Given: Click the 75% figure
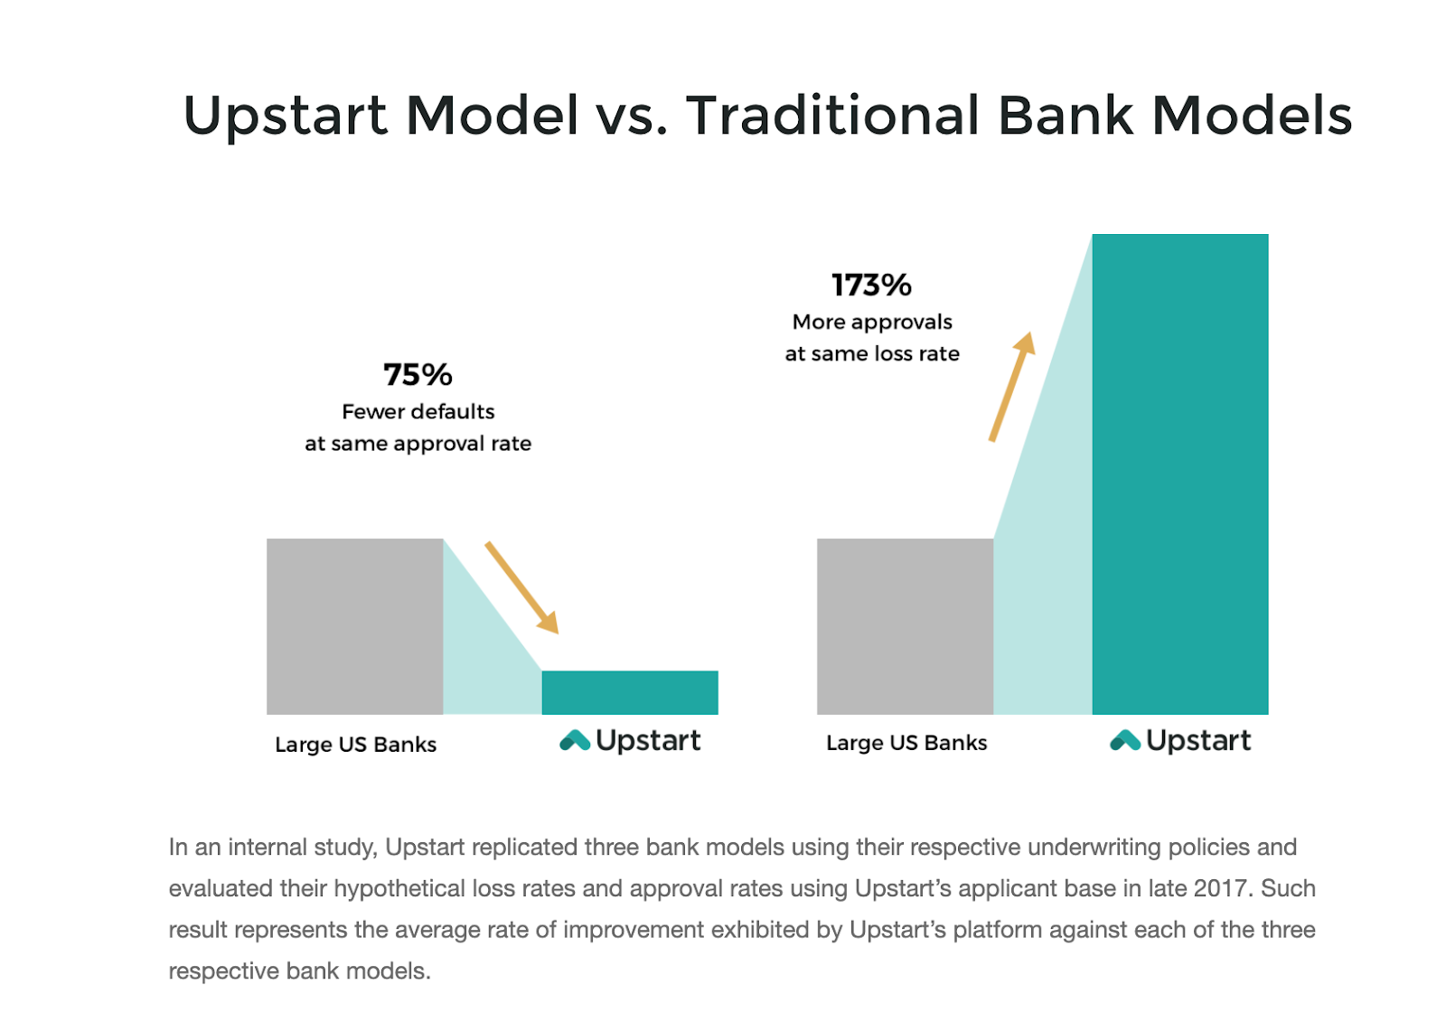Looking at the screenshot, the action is [418, 374].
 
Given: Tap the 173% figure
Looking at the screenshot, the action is [871, 285].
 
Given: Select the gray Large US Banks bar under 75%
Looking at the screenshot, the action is [355, 626].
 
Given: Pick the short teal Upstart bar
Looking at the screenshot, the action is [630, 693].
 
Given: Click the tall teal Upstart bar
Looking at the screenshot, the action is [1180, 474].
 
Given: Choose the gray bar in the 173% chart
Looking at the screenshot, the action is [905, 626].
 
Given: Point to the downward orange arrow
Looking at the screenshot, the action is [522, 588].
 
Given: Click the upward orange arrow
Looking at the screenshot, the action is [1012, 387].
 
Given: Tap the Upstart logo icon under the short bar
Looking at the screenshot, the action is [575, 740].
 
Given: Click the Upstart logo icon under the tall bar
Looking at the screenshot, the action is [1125, 740].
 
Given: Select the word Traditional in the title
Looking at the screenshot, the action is [832, 116].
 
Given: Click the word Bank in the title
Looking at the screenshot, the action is [1066, 116].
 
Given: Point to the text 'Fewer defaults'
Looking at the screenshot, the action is [418, 411].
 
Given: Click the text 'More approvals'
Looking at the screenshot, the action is [872, 322].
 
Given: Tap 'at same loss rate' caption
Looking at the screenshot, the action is [872, 354].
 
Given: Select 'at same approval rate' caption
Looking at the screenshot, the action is [418, 444].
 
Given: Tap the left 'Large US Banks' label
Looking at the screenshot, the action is [356, 745].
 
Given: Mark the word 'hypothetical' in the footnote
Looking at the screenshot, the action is [399, 889].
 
